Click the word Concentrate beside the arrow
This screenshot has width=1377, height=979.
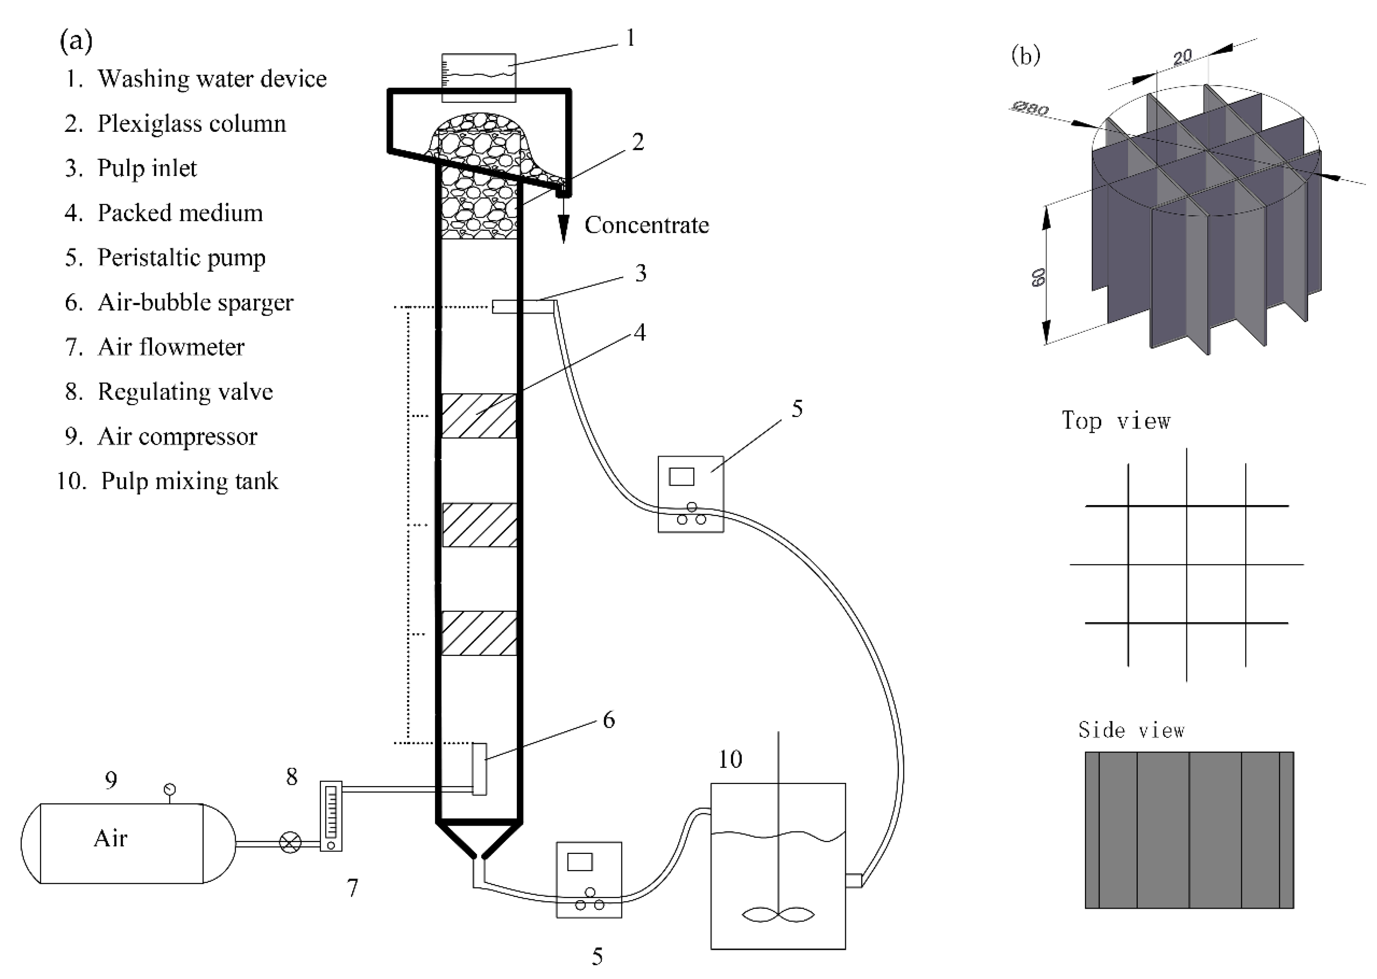pyautogui.click(x=646, y=225)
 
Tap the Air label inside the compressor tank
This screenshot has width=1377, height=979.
pyautogui.click(x=111, y=839)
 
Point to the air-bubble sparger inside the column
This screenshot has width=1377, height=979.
pyautogui.click(x=479, y=769)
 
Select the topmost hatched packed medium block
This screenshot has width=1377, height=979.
pyautogui.click(x=479, y=416)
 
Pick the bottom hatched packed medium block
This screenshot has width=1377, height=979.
pyautogui.click(x=479, y=633)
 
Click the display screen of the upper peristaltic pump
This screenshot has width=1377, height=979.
pyautogui.click(x=681, y=477)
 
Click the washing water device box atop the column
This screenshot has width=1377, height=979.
pyautogui.click(x=478, y=77)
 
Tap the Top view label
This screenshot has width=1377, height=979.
pyautogui.click(x=1116, y=421)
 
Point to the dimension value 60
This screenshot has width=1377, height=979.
pyautogui.click(x=1038, y=277)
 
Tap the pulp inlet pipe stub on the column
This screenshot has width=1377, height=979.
pyautogui.click(x=522, y=307)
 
